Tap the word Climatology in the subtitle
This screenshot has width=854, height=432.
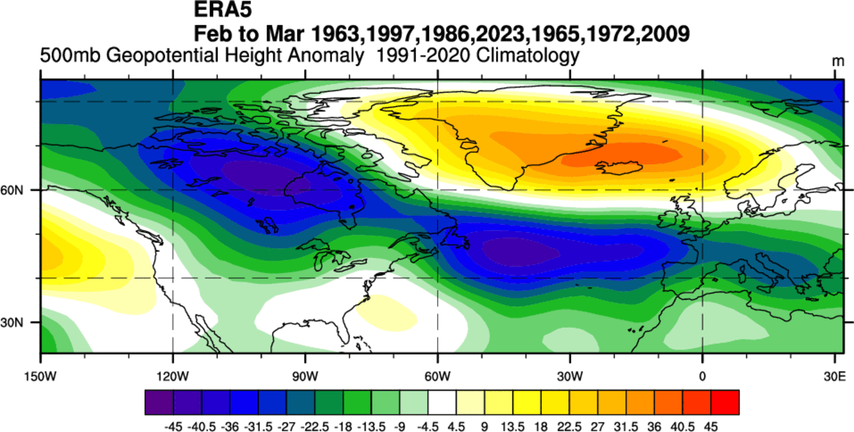[528, 56]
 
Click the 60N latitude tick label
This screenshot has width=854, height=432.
[19, 190]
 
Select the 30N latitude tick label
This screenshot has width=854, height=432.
[19, 323]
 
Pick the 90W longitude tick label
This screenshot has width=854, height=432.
[305, 376]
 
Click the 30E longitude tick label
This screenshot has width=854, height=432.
[835, 376]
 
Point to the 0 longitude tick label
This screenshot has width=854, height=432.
[702, 376]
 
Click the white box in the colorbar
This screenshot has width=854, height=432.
[442, 402]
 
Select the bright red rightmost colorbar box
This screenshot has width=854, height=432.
[725, 402]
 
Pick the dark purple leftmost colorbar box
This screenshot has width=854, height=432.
[159, 402]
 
